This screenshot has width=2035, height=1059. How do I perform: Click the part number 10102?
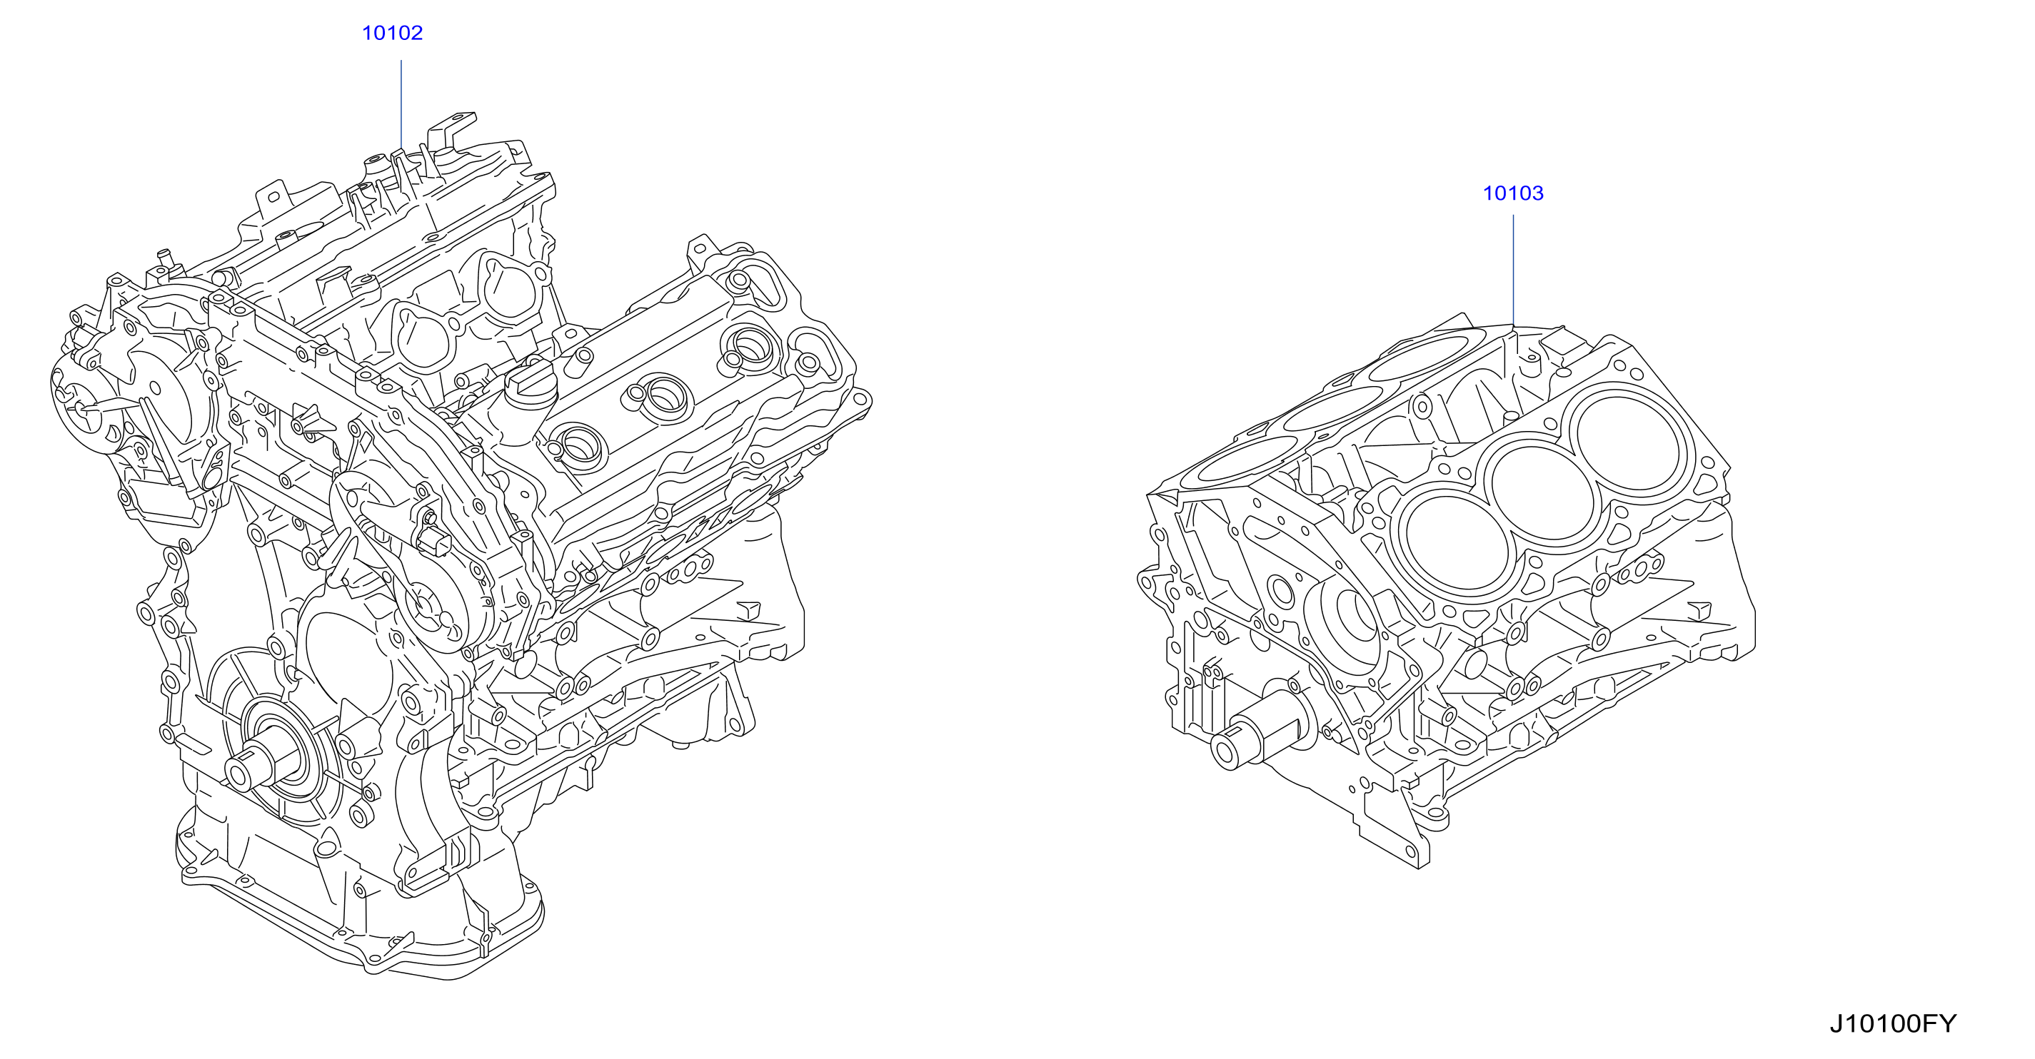[x=392, y=33]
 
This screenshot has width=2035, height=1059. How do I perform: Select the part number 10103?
[x=1513, y=193]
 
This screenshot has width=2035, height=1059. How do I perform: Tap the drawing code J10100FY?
[x=1893, y=1023]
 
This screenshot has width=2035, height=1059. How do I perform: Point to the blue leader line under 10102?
[x=401, y=104]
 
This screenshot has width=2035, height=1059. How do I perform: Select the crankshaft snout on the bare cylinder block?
[x=1256, y=735]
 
